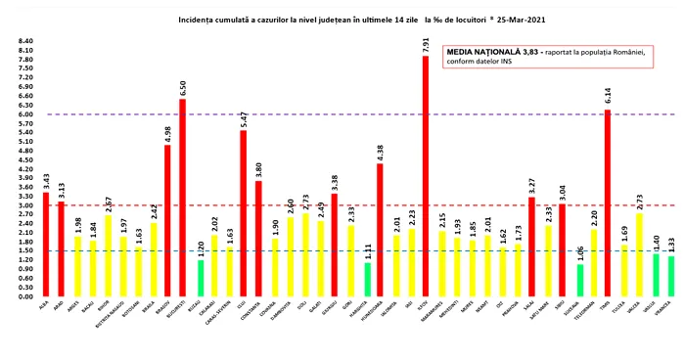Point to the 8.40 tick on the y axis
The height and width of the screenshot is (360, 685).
coord(25,42)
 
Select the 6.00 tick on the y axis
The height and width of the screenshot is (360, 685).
coord(25,114)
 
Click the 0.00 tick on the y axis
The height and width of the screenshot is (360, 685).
coord(25,296)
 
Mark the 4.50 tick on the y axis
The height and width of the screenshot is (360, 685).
coord(25,160)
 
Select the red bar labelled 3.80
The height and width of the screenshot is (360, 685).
coord(258,239)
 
